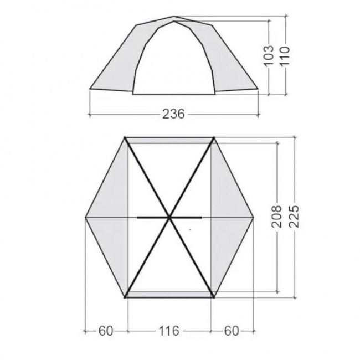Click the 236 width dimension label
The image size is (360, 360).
(174, 114)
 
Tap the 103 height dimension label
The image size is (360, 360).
(269, 55)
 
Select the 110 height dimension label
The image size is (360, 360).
(286, 55)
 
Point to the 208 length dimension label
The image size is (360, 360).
(277, 217)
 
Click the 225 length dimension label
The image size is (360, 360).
(294, 217)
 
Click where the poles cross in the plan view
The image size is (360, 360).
(169, 217)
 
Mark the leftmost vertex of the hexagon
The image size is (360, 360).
(85, 217)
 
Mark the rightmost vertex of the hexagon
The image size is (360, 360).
(255, 217)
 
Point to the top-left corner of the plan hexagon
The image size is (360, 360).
(126, 137)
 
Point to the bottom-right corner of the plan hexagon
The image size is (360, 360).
(213, 297)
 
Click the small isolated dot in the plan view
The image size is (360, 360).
(191, 228)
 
